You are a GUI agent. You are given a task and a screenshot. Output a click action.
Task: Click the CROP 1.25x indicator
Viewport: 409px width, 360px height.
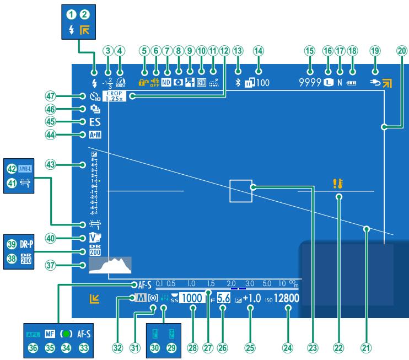coord(117,96)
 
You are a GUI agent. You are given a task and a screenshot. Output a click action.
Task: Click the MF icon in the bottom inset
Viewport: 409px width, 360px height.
coord(50,334)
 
